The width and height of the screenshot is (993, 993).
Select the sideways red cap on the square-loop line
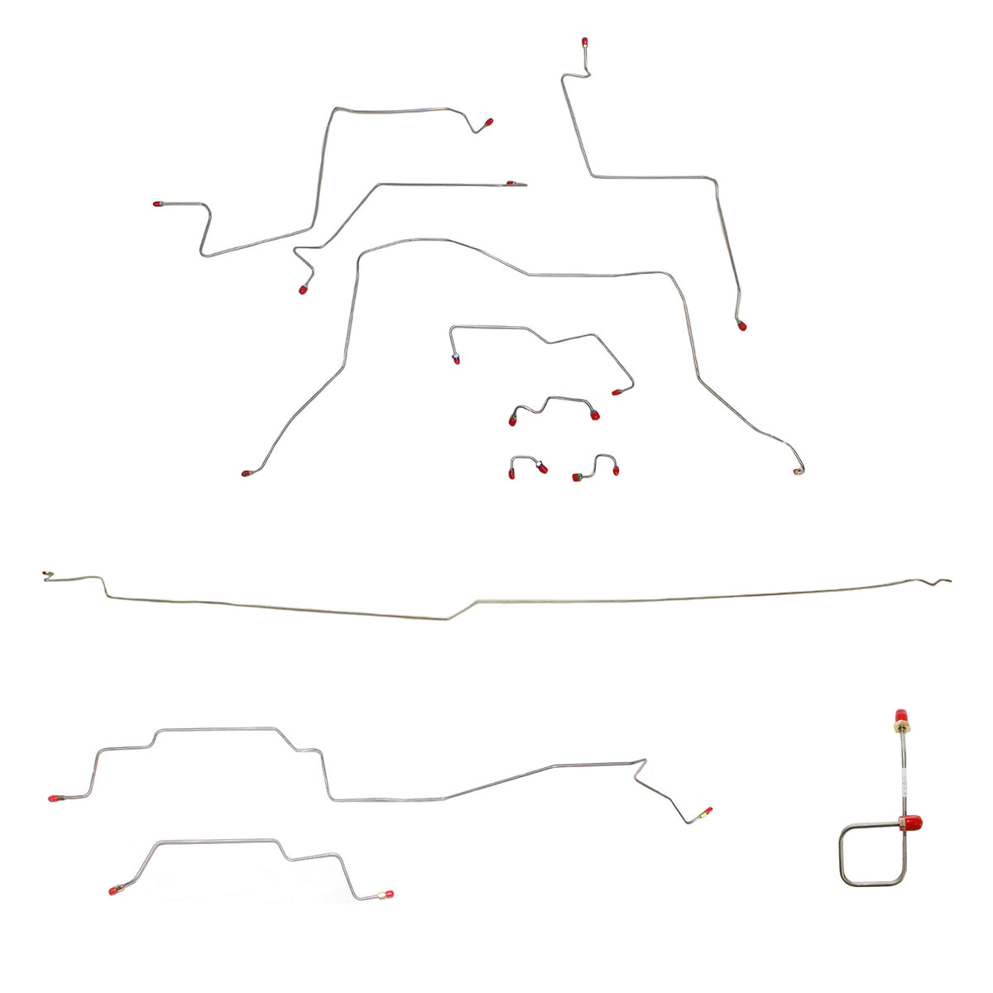(x=912, y=823)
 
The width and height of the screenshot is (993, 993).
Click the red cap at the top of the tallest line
(x=585, y=41)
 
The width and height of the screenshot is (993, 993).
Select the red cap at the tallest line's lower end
(x=741, y=325)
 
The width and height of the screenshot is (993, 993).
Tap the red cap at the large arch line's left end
(x=246, y=473)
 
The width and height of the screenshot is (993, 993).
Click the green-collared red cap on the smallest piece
(x=578, y=477)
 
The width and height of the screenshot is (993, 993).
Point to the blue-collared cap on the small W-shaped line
(x=594, y=414)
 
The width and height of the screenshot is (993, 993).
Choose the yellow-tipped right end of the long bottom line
(x=706, y=812)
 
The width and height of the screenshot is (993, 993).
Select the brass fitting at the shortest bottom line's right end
(x=386, y=895)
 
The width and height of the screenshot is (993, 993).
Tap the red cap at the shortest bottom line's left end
(x=114, y=891)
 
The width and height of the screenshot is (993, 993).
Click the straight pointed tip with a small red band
(x=516, y=183)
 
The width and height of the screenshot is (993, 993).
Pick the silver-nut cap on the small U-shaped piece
(x=541, y=468)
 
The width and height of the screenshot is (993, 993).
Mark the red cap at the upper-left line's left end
(x=157, y=204)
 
